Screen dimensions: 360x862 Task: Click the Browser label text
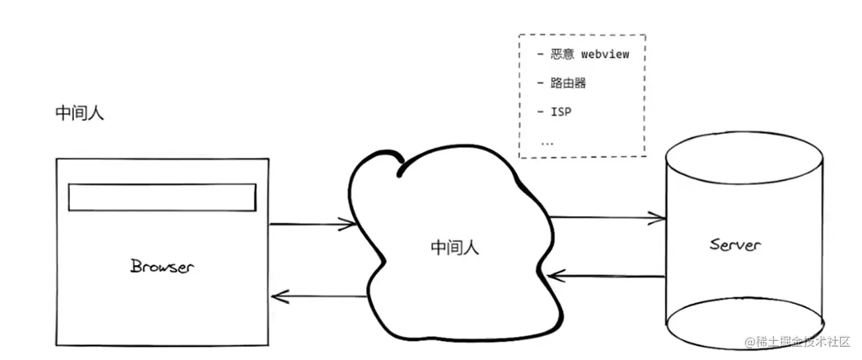click(x=162, y=266)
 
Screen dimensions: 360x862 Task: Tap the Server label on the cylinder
click(x=735, y=244)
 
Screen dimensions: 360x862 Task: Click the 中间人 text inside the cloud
click(x=454, y=248)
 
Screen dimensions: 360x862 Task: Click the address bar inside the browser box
click(x=162, y=198)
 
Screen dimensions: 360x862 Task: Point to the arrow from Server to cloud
click(x=605, y=275)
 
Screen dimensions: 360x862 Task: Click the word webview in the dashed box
click(x=605, y=54)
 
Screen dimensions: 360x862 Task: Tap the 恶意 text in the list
click(x=563, y=54)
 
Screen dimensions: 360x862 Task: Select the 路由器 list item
click(x=569, y=83)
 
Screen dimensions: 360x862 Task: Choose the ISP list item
click(x=561, y=112)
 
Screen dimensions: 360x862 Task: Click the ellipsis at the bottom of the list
click(x=547, y=141)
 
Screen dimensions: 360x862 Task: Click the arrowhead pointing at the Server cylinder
click(x=658, y=217)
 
